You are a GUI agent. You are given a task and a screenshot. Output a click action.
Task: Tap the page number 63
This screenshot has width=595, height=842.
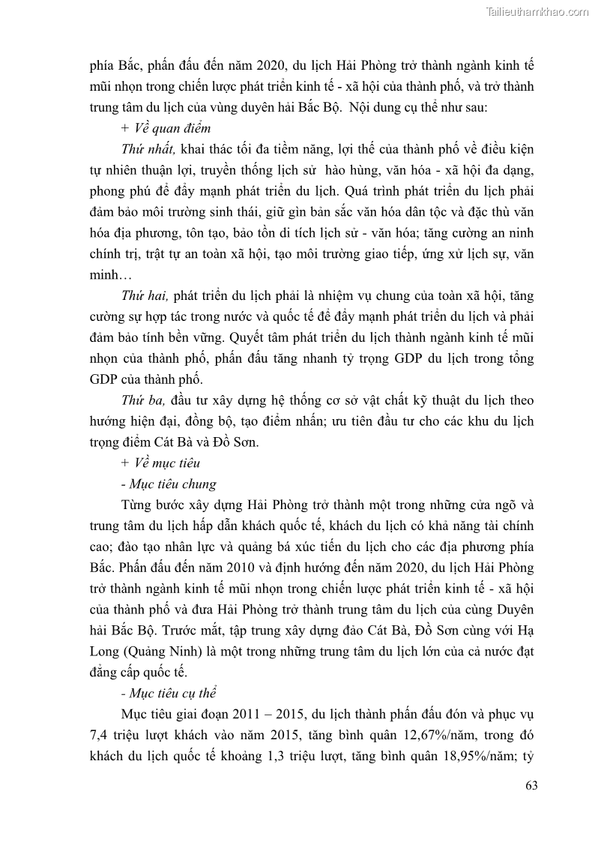pyautogui.click(x=531, y=786)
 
